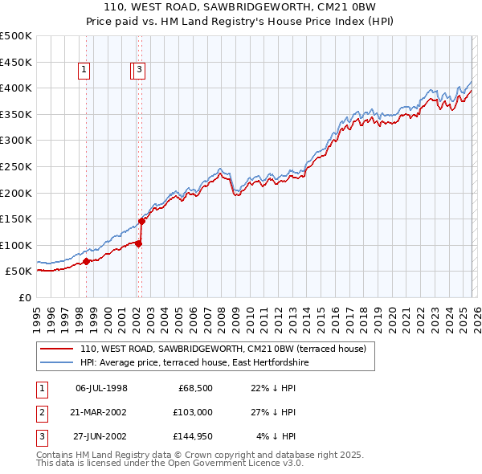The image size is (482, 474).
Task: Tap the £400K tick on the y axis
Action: click(x=16, y=88)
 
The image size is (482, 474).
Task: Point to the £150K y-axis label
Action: click(x=16, y=219)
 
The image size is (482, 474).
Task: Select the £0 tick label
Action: click(x=24, y=297)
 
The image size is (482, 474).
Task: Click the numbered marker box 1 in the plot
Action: click(x=84, y=71)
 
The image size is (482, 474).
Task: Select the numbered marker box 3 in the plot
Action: click(x=140, y=71)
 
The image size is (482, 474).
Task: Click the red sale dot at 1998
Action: click(x=86, y=261)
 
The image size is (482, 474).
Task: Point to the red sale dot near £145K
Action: click(x=141, y=221)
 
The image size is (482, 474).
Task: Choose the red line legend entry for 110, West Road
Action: click(x=223, y=349)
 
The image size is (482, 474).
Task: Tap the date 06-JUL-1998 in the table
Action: click(x=101, y=388)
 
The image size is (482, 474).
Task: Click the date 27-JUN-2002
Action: click(x=101, y=436)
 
